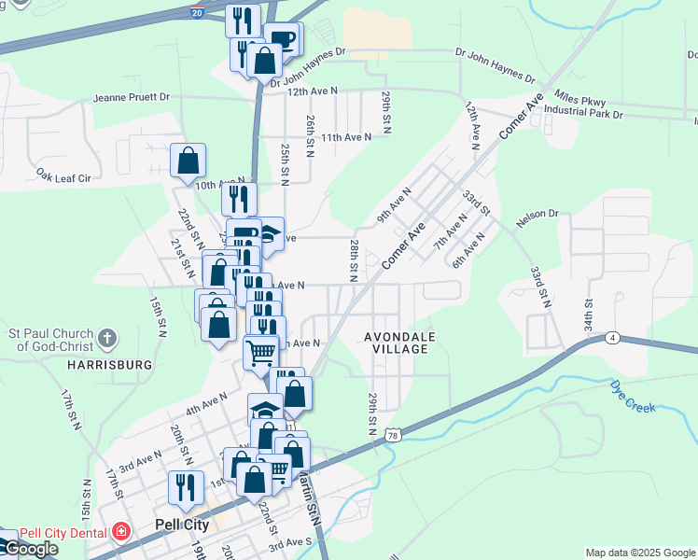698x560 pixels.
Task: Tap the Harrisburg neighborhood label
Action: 108,365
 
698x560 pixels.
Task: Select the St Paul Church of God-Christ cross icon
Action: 108,337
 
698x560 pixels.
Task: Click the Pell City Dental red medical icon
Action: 121,532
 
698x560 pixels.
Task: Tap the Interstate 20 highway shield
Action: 197,13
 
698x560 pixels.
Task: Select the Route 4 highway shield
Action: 612,337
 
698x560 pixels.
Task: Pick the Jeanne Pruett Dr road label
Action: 131,96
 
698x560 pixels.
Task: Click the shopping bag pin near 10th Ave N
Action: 188,161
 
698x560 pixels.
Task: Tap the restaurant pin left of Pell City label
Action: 186,487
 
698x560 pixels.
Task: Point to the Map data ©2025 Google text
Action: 640,553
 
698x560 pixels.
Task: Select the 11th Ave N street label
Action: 346,136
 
